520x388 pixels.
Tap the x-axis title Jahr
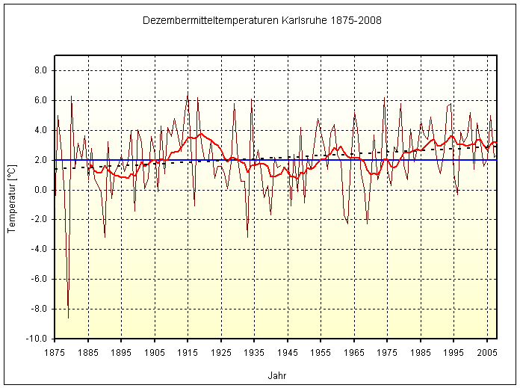tap(276, 376)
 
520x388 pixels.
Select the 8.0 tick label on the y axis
tap(40, 70)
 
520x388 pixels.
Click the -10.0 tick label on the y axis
tap(37, 339)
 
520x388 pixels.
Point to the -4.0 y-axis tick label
tap(38, 250)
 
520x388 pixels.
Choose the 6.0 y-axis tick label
tap(40, 100)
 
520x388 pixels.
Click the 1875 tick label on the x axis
tap(55, 351)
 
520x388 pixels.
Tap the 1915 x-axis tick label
tap(188, 351)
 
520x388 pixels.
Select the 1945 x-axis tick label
tap(288, 351)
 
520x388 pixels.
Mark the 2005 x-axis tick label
tap(487, 351)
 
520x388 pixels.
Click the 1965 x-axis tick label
tap(354, 351)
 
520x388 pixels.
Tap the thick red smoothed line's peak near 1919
tap(200, 134)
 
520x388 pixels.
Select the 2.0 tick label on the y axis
tap(40, 160)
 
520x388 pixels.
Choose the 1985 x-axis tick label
tap(421, 351)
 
